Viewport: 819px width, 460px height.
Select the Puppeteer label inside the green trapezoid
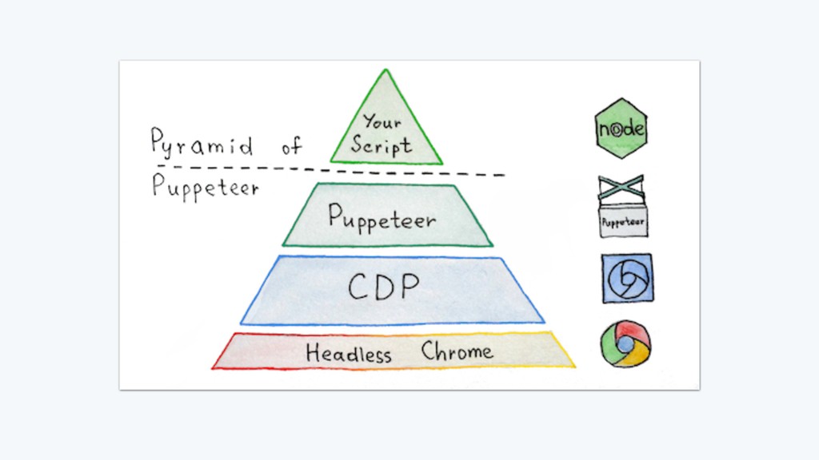tap(382, 216)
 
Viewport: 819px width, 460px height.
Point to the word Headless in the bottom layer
tap(349, 353)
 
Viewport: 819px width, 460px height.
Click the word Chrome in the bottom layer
tap(457, 351)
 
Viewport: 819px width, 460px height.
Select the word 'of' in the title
tap(292, 145)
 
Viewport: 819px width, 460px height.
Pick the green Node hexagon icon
tap(621, 129)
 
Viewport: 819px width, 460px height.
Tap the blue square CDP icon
tap(627, 278)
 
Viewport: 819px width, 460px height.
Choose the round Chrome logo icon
tap(625, 344)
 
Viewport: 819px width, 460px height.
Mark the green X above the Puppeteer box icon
tap(622, 188)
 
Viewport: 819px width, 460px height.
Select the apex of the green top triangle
tap(386, 73)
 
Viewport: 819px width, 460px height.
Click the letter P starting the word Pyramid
tap(158, 142)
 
